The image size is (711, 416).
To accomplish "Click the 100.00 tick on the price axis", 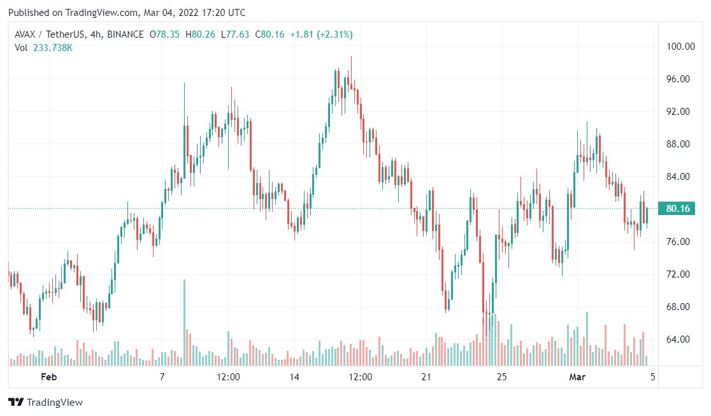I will [679, 47].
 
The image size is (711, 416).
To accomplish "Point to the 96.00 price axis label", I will [679, 79].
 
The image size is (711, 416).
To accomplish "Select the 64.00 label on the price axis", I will [679, 339].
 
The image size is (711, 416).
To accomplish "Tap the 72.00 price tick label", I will [679, 274].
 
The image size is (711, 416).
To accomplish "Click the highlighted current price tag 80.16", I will [679, 209].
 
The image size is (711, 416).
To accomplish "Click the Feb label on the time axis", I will [49, 377].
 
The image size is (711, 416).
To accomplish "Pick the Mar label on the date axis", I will [577, 377].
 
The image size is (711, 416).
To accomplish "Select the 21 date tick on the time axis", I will [426, 377].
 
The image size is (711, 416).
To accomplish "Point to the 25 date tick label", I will [502, 377].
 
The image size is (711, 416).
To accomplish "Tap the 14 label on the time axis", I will [294, 377].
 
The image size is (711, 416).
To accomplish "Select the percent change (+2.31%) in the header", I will [331, 34].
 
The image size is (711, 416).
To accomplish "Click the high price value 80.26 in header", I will [205, 34].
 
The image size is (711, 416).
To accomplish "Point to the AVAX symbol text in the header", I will [27, 34].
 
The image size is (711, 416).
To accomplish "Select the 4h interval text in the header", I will [87, 34].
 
